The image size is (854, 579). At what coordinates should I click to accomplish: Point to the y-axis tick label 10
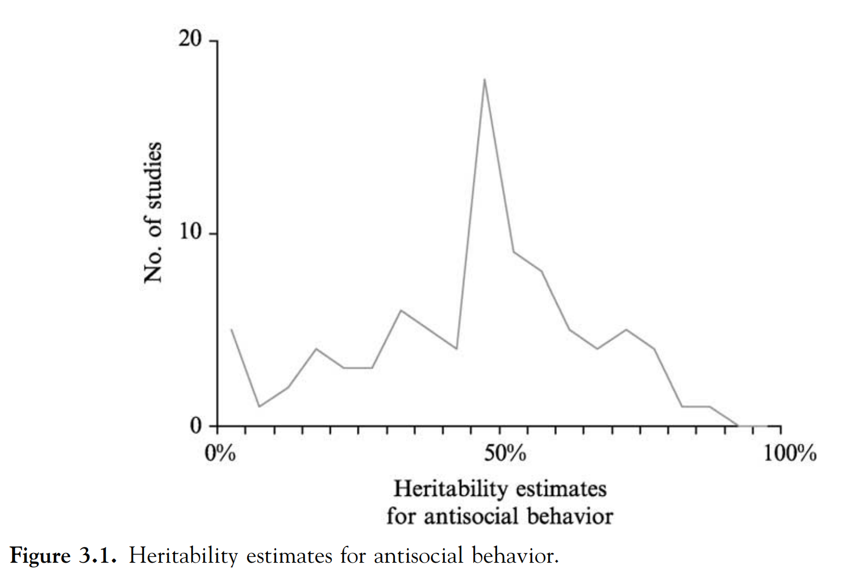pyautogui.click(x=190, y=232)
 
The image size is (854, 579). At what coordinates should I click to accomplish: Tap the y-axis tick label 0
pyautogui.click(x=196, y=425)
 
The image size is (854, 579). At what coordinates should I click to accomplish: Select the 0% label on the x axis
pyautogui.click(x=220, y=452)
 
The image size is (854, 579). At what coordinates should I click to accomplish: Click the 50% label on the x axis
pyautogui.click(x=505, y=452)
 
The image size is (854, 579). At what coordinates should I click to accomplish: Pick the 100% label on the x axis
pyautogui.click(x=789, y=452)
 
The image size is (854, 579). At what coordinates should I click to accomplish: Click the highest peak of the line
pyautogui.click(x=484, y=80)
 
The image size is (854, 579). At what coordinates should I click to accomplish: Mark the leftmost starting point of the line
pyautogui.click(x=231, y=329)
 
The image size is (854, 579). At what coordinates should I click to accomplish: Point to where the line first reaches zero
pyautogui.click(x=738, y=425)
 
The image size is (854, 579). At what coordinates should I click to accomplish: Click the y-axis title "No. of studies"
pyautogui.click(x=153, y=212)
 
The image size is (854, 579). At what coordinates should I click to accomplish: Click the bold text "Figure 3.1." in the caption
pyautogui.click(x=63, y=556)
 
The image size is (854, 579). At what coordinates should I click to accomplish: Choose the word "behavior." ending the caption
pyautogui.click(x=515, y=556)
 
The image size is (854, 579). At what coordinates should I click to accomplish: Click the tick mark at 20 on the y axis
pyautogui.click(x=213, y=41)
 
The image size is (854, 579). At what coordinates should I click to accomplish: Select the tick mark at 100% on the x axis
pyautogui.click(x=781, y=430)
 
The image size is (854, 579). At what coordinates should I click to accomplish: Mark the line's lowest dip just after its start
pyautogui.click(x=260, y=406)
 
